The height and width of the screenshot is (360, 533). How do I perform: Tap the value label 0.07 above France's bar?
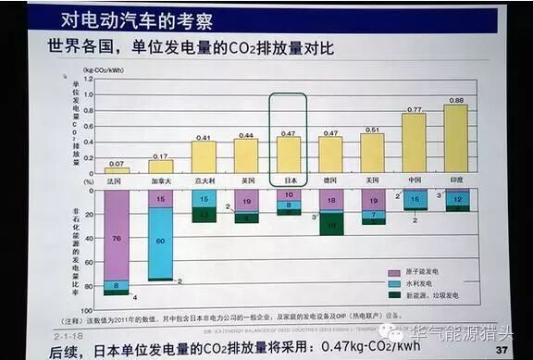[117, 163]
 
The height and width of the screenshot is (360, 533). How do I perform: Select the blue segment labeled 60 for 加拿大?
[160, 242]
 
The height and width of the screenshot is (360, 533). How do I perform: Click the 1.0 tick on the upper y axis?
[90, 80]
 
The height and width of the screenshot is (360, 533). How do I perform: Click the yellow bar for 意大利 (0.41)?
[203, 157]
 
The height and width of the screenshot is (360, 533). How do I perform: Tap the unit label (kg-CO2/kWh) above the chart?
[103, 69]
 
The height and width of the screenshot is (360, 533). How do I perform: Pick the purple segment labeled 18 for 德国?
[329, 201]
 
